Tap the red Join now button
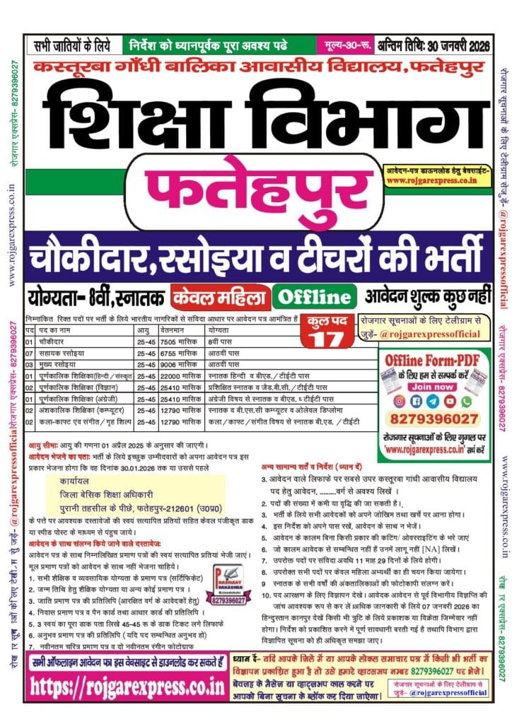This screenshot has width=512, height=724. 431,387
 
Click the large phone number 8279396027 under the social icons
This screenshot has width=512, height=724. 431,419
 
